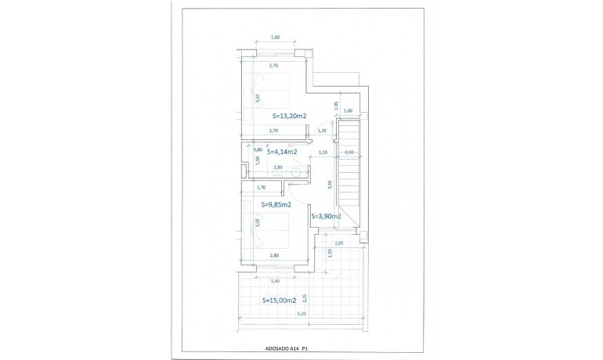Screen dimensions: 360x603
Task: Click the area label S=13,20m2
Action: click(x=283, y=116)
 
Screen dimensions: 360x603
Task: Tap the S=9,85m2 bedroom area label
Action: click(x=276, y=205)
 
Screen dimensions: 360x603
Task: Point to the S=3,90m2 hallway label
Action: click(x=325, y=216)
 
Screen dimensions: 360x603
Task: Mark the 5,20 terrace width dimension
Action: click(x=301, y=315)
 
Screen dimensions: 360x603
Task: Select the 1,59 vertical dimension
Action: click(x=330, y=253)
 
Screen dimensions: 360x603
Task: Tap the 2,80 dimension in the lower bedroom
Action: click(x=274, y=256)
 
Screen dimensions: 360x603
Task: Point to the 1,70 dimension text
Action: click(x=261, y=188)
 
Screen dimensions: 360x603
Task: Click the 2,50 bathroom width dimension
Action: click(x=276, y=167)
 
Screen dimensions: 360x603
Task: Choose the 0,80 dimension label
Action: click(x=258, y=149)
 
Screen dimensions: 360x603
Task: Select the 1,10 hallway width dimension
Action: click(x=323, y=153)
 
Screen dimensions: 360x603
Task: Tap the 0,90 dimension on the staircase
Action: click(x=349, y=153)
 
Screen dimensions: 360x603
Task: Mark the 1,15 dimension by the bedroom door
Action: click(x=321, y=131)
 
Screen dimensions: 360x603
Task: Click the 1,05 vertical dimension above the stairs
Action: click(x=336, y=105)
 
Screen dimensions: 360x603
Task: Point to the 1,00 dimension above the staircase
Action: click(x=348, y=111)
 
